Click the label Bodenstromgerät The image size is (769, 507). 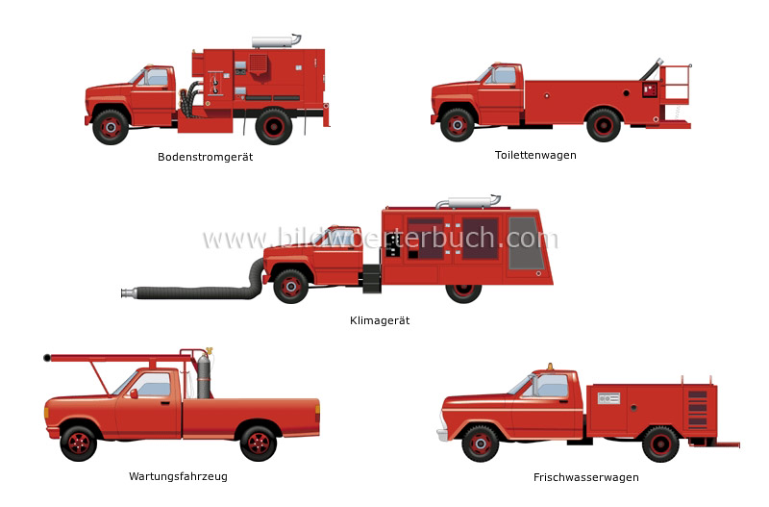pyautogui.click(x=205, y=157)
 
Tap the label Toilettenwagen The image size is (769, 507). pyautogui.click(x=535, y=155)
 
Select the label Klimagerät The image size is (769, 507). pyautogui.click(x=380, y=320)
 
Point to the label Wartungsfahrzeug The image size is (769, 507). pyautogui.click(x=178, y=476)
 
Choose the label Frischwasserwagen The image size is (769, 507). pyautogui.click(x=586, y=477)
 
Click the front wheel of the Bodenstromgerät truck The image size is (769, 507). pyautogui.click(x=111, y=127)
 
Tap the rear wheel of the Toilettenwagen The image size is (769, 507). pyautogui.click(x=604, y=125)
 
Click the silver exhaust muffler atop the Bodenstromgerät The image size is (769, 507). pyautogui.click(x=276, y=40)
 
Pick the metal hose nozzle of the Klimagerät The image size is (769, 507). pyautogui.click(x=129, y=293)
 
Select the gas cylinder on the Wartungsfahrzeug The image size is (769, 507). pyautogui.click(x=204, y=375)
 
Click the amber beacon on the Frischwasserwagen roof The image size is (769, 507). pyautogui.click(x=550, y=367)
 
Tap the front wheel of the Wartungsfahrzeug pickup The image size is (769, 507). pyautogui.click(x=79, y=444)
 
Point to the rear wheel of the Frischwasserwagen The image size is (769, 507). pyautogui.click(x=660, y=444)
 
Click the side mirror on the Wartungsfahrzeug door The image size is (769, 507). pyautogui.click(x=134, y=393)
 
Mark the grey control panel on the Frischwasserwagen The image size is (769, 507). pyautogui.click(x=608, y=398)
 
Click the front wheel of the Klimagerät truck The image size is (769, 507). pyautogui.click(x=290, y=286)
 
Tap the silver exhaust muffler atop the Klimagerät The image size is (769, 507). pyautogui.click(x=469, y=201)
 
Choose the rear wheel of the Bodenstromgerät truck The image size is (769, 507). pyautogui.click(x=274, y=127)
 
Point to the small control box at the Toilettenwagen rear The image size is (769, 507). pyautogui.click(x=650, y=89)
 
